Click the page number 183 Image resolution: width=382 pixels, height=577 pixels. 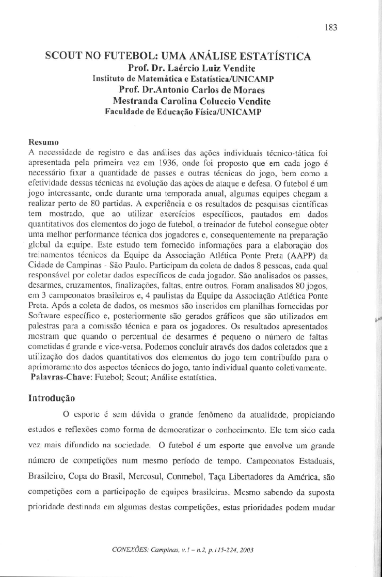point(331,28)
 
